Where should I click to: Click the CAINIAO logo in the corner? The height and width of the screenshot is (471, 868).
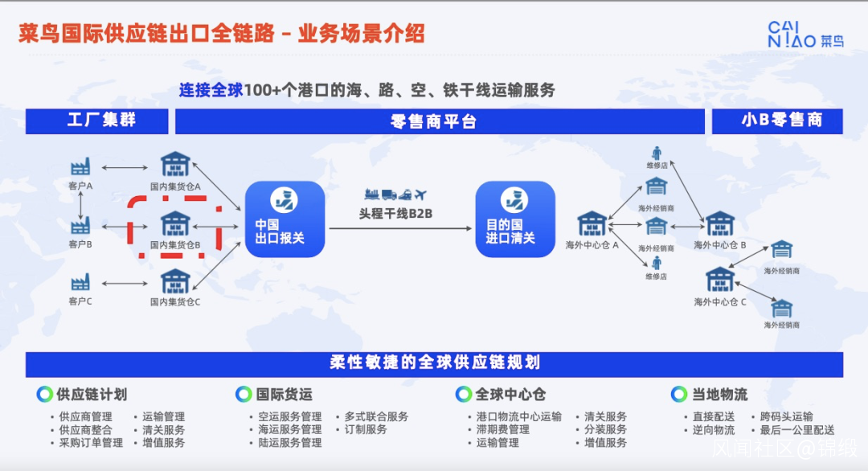coord(805,35)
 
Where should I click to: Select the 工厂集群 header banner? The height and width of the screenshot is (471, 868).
coord(97,121)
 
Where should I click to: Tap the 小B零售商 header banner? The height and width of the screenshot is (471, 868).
coord(777,121)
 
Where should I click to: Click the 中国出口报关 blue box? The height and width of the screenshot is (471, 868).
coord(285,219)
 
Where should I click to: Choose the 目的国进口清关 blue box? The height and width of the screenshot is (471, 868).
coord(515,219)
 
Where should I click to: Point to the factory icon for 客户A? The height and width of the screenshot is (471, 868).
coord(81,166)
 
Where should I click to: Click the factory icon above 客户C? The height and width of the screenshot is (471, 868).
coord(81,282)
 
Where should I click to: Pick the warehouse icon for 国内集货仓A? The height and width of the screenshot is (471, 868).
coord(175,165)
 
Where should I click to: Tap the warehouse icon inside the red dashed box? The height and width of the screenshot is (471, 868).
coord(175,223)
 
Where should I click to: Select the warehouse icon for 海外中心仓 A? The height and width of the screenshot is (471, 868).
coord(592,223)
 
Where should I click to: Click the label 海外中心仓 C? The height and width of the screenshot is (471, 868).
coord(720,302)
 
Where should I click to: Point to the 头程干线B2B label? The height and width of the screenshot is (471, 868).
coord(395,214)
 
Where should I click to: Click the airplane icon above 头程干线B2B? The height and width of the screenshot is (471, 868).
coord(420,195)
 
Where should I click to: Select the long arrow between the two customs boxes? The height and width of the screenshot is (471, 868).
coord(401,228)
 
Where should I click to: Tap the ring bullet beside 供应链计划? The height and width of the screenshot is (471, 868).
coord(44,394)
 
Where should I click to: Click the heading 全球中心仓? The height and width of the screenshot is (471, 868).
coord(510,395)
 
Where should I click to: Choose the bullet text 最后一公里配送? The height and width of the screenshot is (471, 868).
coord(796,430)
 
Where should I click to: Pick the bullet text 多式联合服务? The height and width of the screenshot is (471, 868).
coord(376,417)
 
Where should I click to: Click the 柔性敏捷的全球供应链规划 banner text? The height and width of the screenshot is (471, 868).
coord(435,362)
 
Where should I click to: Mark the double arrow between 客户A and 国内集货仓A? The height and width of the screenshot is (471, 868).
coord(125,167)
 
